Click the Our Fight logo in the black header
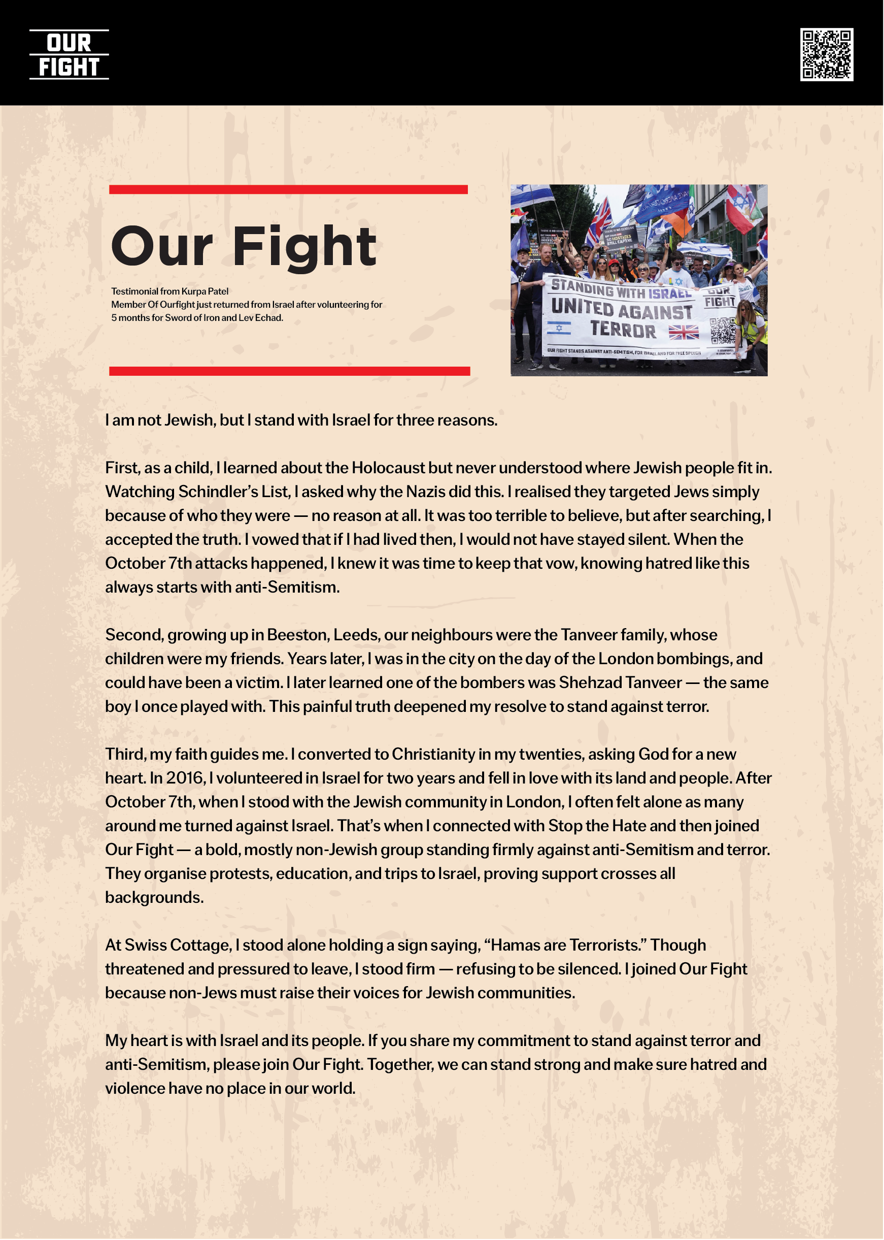click(x=69, y=54)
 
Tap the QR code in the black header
click(x=826, y=54)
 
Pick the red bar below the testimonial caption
click(x=289, y=371)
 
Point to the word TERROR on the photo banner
click(x=623, y=330)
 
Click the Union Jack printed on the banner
click(x=684, y=332)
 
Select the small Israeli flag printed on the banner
click(x=559, y=328)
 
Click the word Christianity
click(x=433, y=754)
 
